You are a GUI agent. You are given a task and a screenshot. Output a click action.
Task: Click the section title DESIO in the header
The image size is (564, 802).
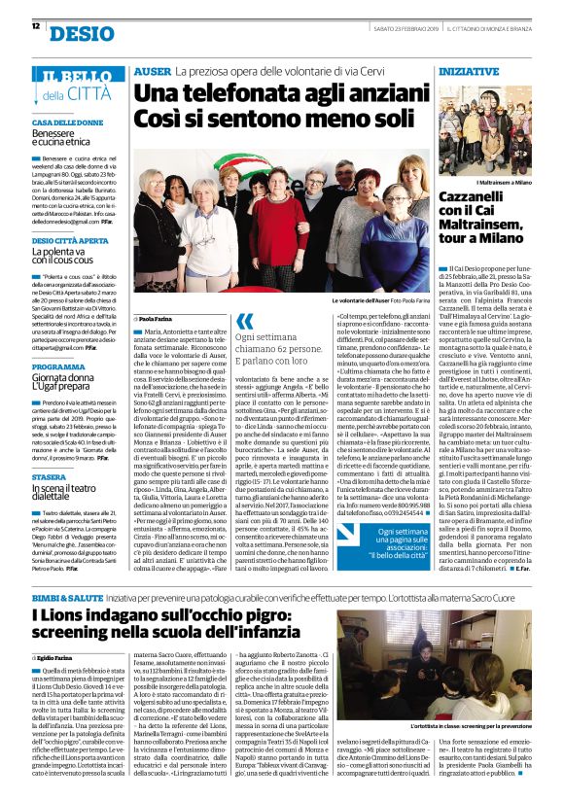click(81, 35)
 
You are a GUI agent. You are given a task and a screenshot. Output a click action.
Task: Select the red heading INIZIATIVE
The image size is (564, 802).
click(469, 72)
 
